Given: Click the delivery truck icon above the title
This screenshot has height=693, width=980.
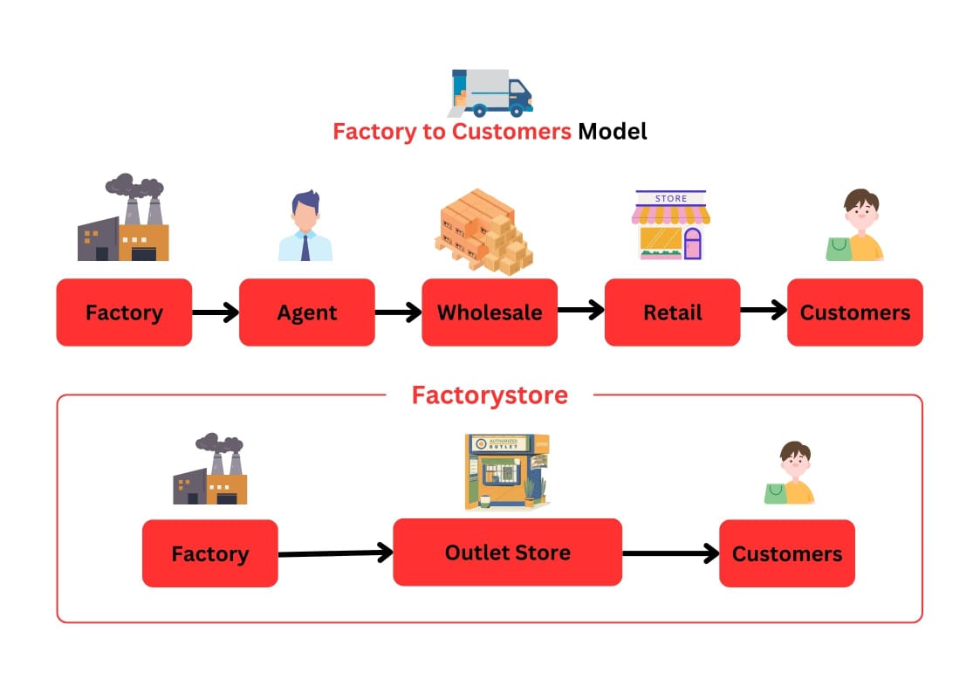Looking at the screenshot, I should tap(491, 93).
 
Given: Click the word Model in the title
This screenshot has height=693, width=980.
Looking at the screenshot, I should tap(613, 132).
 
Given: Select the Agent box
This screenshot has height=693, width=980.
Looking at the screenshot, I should tap(307, 312).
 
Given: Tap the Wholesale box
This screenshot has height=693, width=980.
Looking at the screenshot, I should tap(490, 312).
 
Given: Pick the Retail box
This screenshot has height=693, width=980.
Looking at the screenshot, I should tap(672, 312).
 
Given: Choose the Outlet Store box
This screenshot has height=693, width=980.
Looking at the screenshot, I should tap(507, 552).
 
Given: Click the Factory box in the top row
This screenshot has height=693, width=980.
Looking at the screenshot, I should tap(124, 312).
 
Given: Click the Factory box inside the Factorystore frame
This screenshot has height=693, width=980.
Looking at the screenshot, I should tap(209, 553).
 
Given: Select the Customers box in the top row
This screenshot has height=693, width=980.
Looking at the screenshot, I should tap(854, 312).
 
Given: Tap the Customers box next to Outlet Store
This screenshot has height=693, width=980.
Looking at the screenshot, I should tap(786, 553).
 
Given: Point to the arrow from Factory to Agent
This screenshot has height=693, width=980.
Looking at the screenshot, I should tap(216, 312).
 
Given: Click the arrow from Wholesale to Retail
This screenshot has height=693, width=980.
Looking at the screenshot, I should tap(581, 309).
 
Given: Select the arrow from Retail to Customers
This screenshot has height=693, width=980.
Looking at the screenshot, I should tap(764, 312).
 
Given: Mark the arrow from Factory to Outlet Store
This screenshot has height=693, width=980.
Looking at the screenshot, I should tap(335, 552).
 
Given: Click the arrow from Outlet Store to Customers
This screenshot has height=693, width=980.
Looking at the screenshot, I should tap(670, 552).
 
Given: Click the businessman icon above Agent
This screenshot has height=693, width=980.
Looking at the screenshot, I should tap(305, 227).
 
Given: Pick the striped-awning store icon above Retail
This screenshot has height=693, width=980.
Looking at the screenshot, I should tap(671, 225).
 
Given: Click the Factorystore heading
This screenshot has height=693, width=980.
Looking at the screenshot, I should tap(490, 395).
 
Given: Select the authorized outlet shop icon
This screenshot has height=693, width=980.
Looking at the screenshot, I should tap(507, 472).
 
